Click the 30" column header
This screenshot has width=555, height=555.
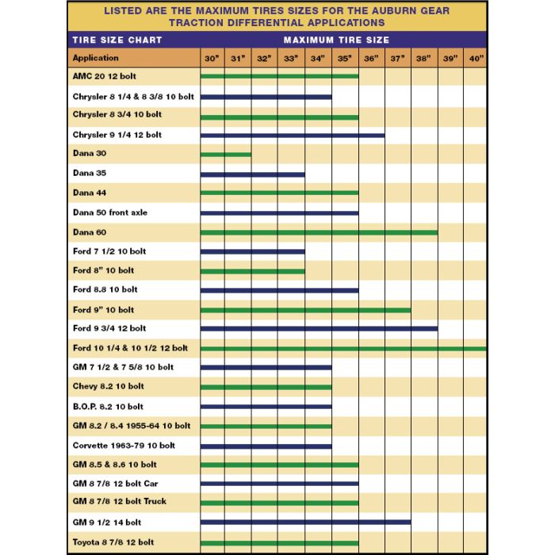212,59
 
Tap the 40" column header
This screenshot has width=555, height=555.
476,59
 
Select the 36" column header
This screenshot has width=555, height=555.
371,59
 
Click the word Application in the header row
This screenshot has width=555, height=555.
95,58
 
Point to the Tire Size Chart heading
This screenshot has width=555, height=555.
117,40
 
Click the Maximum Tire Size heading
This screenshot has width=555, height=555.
336,40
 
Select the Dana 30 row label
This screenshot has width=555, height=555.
89,153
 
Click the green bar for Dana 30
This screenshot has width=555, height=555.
226,155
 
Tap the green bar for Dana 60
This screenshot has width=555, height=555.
319,232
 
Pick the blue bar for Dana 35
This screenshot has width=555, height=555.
252,174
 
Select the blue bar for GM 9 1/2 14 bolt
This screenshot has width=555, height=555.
305,522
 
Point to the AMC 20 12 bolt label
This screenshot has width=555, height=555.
105,75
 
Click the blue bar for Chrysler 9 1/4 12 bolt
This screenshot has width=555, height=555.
293,136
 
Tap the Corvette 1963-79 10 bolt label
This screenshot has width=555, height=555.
124,446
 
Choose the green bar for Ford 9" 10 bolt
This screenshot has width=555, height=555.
305,310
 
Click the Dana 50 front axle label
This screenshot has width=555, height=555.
109,212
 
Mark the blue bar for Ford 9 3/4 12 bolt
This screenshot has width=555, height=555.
319,328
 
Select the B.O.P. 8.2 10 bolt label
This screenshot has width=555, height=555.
108,407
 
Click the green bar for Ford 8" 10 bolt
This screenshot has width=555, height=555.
252,271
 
